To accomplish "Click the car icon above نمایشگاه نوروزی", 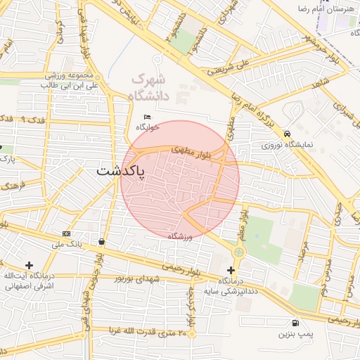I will coord(287,134).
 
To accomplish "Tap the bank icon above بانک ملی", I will coord(66,233).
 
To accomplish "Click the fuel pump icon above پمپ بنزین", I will coord(294,323).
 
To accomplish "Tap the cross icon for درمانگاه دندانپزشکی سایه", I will coord(231,270).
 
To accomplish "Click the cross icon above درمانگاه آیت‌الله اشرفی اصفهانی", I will coord(29,264).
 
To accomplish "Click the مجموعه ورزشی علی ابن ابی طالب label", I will coord(51,79).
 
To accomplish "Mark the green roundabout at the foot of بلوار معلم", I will coord(239,251).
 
